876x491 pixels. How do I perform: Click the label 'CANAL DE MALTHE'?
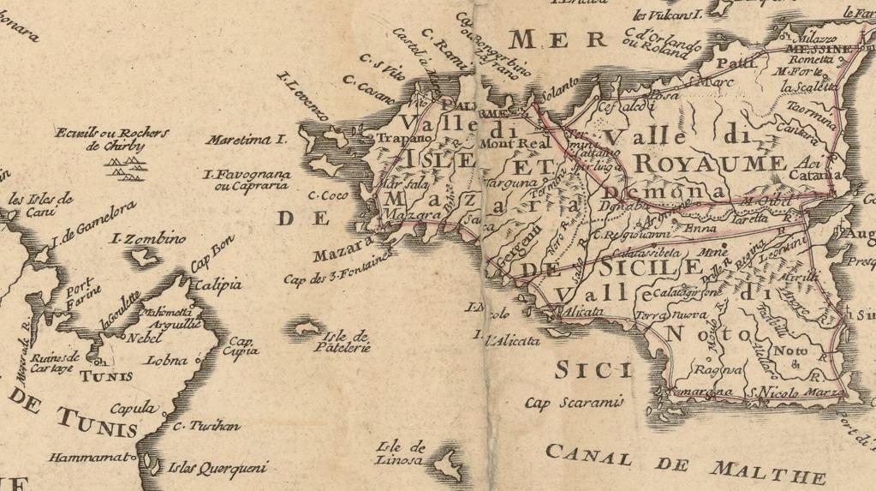[684, 464]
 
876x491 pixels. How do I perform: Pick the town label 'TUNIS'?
[106, 375]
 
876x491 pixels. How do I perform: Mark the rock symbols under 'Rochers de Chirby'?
[124, 170]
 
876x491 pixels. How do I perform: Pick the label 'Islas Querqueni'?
[218, 468]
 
